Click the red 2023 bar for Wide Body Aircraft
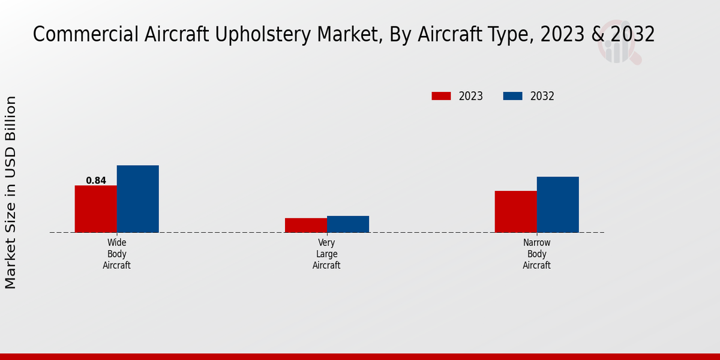coord(95,209)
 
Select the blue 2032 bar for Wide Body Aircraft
coord(137,199)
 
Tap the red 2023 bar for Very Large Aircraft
coord(305,225)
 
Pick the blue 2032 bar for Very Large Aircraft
coord(347,224)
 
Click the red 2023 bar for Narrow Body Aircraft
coord(515,211)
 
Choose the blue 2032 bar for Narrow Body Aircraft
coord(557,204)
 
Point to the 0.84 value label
coord(96,181)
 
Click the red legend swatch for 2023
coord(441,96)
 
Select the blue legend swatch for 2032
coord(512,96)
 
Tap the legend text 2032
coord(542,96)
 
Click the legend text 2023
coord(471,96)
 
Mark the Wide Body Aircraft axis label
coord(116,254)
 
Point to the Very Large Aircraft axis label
coord(326,254)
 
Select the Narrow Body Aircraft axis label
coord(536,254)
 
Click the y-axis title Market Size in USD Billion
coord(11,192)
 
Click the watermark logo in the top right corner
coord(618,42)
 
